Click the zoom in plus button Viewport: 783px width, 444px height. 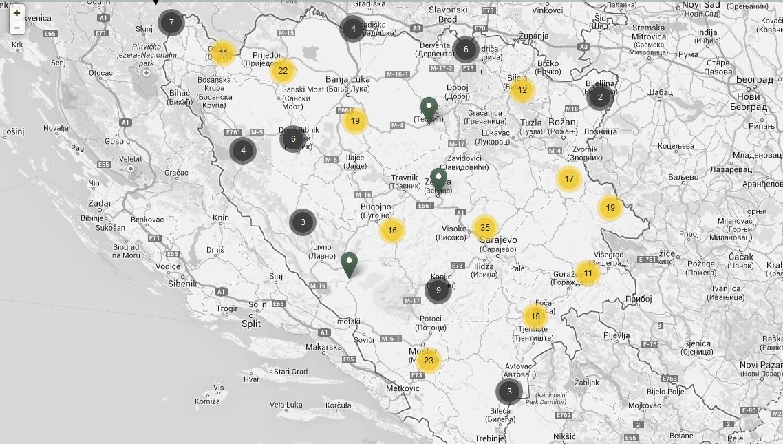(17, 12)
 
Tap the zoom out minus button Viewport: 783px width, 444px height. (17, 28)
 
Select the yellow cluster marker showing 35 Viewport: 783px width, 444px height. (485, 228)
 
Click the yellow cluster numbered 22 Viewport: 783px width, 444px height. (283, 71)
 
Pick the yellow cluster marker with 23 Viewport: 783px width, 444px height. (429, 360)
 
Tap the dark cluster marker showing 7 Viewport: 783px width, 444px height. (171, 23)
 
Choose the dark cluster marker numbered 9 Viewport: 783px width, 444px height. (438, 290)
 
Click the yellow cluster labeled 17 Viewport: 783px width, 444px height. (569, 179)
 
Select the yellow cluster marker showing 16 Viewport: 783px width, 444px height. (392, 231)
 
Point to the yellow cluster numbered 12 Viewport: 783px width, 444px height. (522, 89)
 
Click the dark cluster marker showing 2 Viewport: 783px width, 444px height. (600, 97)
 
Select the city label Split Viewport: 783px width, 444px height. (251, 324)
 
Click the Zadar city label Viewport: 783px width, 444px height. (100, 204)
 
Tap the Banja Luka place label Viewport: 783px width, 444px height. (347, 79)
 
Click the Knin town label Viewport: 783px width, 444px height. (221, 218)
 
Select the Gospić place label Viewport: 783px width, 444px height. (117, 141)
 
